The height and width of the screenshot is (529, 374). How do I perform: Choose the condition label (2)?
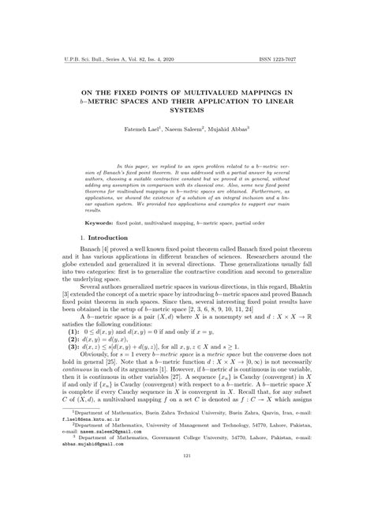[x=54, y=343]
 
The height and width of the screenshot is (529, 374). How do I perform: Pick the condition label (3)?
[x=54, y=351]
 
